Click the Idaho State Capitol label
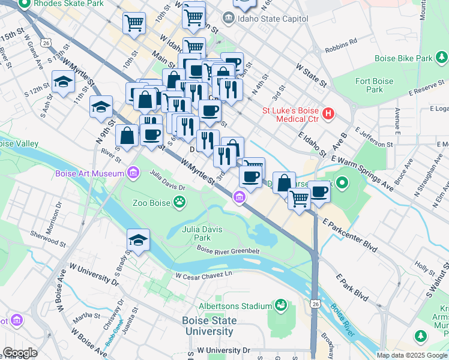point(274,19)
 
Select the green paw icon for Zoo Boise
point(179,202)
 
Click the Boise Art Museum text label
point(89,174)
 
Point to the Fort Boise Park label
point(374,85)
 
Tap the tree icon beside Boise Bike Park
point(442,58)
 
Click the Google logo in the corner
point(20,353)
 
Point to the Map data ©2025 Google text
point(411,355)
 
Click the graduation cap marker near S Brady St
point(138,241)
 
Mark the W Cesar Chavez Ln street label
point(203,275)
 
